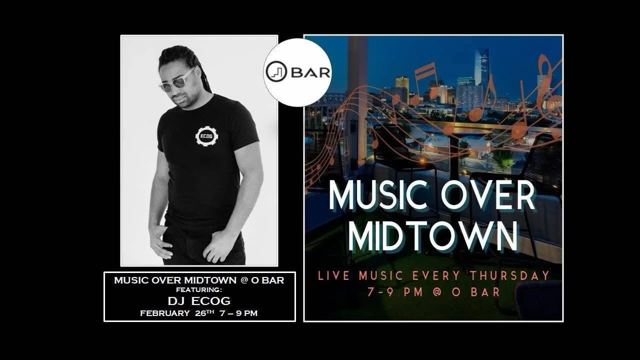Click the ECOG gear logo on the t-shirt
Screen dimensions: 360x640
coord(206,136)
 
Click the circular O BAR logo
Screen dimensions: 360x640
coord(297,72)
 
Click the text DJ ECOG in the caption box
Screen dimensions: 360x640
coord(199,300)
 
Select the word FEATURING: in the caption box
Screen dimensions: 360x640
coord(199,289)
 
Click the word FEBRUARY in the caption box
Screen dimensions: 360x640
coord(164,313)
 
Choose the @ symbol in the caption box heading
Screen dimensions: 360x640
coord(244,280)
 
